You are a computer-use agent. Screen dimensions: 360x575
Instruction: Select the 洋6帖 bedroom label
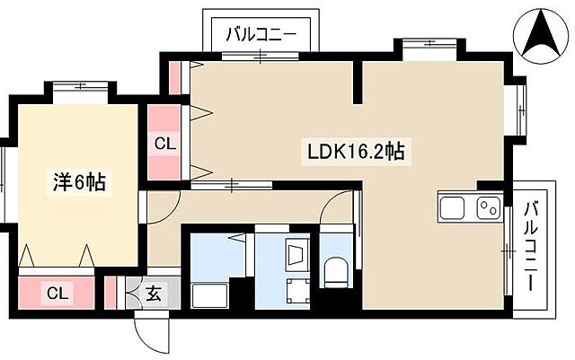[x=77, y=182]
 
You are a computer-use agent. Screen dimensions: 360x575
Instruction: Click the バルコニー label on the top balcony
[x=261, y=36]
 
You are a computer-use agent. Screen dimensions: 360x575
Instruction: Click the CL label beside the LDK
[x=164, y=143]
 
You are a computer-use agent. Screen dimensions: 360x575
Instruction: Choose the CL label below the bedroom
[x=57, y=292]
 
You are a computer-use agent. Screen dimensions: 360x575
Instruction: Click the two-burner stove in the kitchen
[x=488, y=208]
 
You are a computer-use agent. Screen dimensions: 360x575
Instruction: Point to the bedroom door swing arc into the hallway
[x=162, y=203]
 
